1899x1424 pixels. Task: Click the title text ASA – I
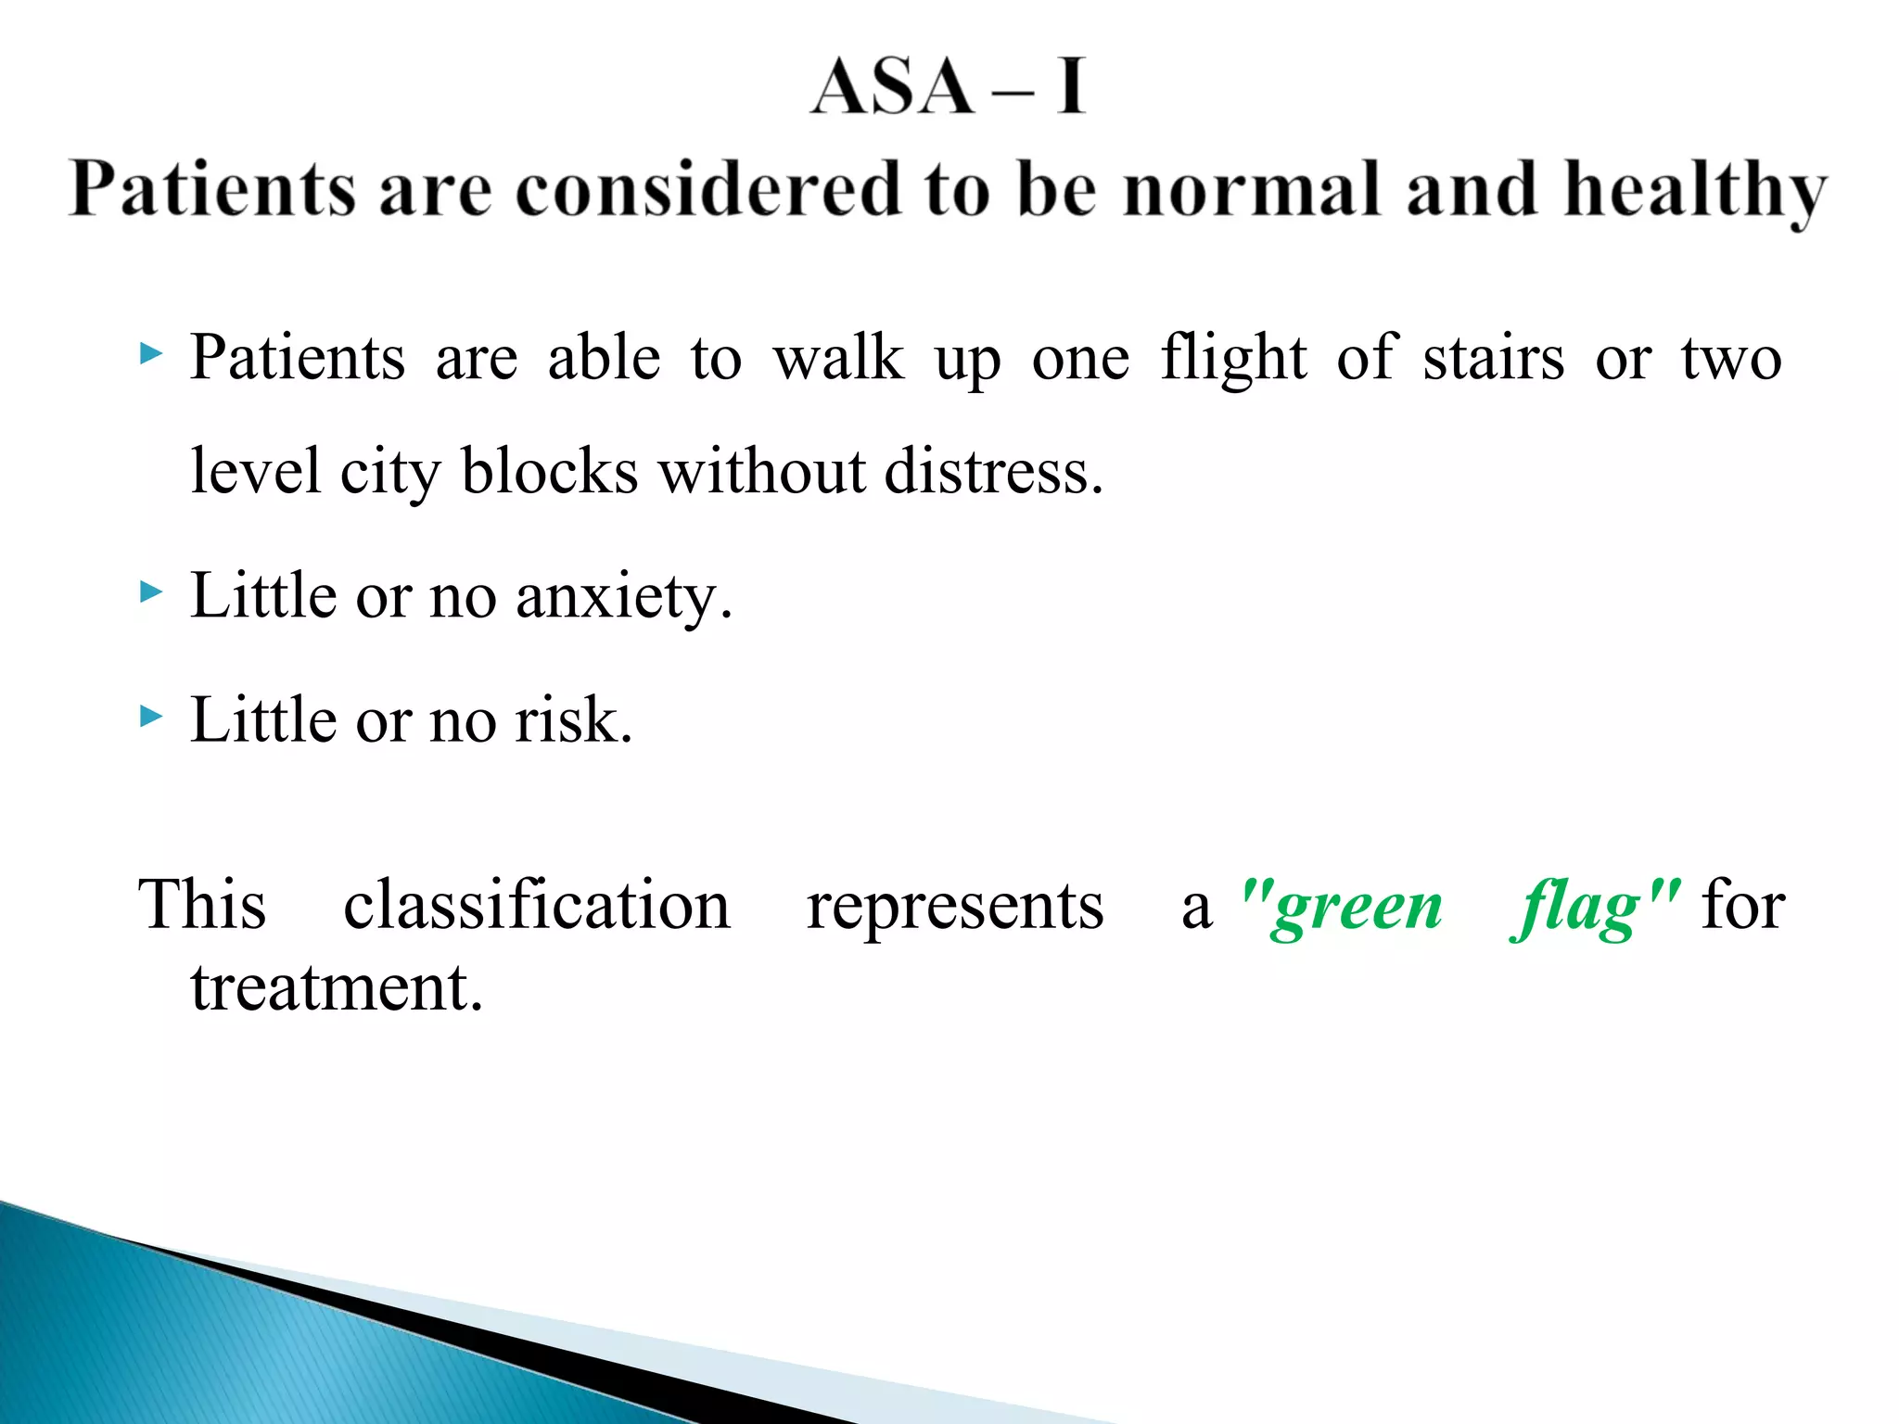coord(948,86)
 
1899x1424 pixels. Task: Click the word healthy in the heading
coord(1695,190)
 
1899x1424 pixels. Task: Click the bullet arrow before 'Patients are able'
coord(150,353)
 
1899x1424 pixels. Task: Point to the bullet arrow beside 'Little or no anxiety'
coord(150,591)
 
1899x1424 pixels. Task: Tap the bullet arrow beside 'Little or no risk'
coord(150,716)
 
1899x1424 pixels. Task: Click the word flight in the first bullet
coord(1234,358)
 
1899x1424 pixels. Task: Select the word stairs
coord(1494,358)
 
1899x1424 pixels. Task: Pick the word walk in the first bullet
coord(838,358)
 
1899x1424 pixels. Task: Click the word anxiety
coord(623,597)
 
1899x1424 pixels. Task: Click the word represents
coord(955,907)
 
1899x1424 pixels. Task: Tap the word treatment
coord(337,987)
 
